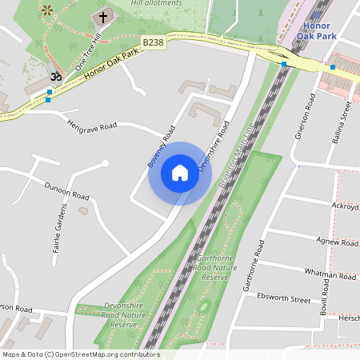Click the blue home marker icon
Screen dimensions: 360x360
pyautogui.click(x=180, y=173)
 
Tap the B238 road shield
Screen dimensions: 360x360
pyautogui.click(x=154, y=42)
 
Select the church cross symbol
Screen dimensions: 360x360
pyautogui.click(x=102, y=17)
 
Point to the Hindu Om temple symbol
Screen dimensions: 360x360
pyautogui.click(x=55, y=77)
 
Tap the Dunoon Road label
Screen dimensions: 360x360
pyautogui.click(x=66, y=190)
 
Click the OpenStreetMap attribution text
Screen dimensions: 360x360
pyautogui.click(x=81, y=354)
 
